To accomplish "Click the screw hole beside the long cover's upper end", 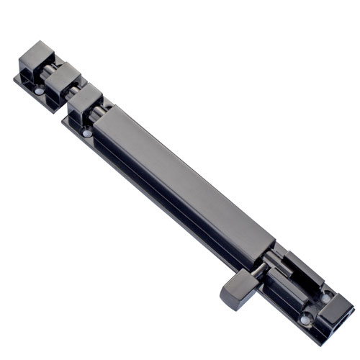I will tap(87, 132).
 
